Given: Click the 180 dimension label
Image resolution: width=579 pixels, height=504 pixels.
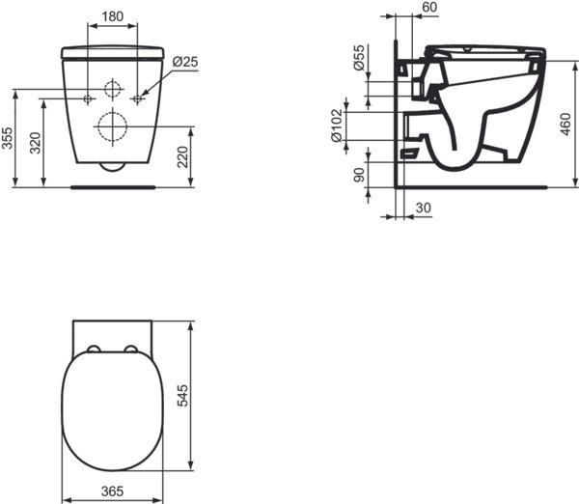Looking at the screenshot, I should tap(113, 16).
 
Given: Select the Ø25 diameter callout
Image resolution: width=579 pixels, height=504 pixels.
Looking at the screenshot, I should tap(184, 62).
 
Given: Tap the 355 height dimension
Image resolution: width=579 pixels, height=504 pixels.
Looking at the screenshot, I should tap(8, 139).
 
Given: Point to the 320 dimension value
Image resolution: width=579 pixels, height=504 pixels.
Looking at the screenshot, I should tap(36, 144).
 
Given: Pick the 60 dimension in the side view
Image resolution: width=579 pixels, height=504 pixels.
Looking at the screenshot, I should tap(430, 8).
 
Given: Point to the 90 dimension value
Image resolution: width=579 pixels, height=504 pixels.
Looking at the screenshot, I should tap(358, 174).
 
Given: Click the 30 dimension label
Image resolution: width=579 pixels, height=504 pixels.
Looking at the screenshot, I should tap(423, 208).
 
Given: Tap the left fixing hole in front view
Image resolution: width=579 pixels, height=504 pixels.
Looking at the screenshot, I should tap(88, 99).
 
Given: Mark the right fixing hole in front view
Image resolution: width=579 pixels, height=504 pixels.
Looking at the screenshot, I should tap(138, 99).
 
